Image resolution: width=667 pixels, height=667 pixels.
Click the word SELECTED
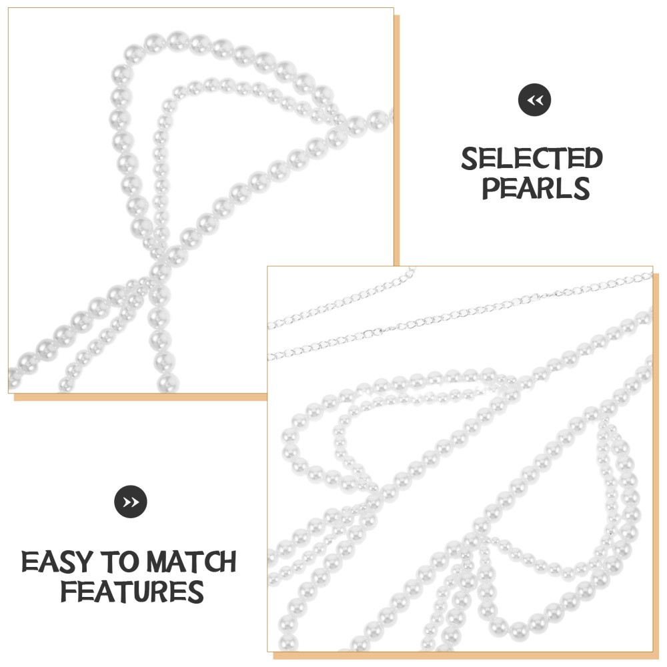[532, 159]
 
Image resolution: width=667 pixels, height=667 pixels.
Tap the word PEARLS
[536, 188]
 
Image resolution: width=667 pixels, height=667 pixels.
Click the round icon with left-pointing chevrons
[534, 101]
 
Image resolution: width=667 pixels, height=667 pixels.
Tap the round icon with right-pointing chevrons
[131, 502]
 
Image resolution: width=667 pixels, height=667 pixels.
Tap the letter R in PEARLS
[548, 188]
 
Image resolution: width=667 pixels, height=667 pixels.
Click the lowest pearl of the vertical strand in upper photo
[167, 383]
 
